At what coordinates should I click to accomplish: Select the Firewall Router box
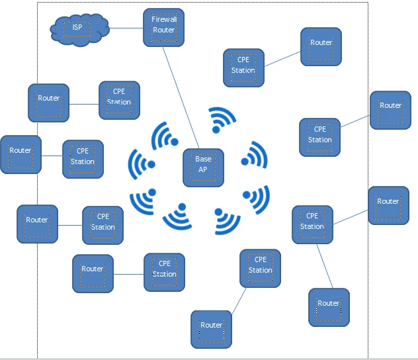pos(164,27)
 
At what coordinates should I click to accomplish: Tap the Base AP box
pos(203,167)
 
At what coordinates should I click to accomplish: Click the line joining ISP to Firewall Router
pos(126,28)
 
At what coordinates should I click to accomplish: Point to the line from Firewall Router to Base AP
pos(181,97)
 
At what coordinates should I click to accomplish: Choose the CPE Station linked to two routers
pos(312,224)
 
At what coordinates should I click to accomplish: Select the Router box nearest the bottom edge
pos(212,329)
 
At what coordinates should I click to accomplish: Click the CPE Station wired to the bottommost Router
pos(260,268)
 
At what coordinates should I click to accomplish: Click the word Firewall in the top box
pos(164,20)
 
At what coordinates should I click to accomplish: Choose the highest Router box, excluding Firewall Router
pos(321,46)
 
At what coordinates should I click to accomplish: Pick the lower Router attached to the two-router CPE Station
pos(329,307)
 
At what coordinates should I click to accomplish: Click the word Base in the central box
pos(203,159)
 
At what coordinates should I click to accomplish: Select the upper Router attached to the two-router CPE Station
pos(388,205)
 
